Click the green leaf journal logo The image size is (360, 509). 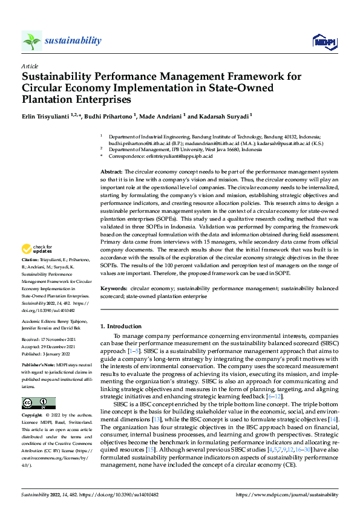pyautogui.click(x=32, y=41)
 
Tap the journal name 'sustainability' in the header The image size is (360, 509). pyautogui.click(x=73, y=41)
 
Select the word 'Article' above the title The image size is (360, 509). pyautogui.click(x=30, y=65)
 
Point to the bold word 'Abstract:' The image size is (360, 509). pyautogui.click(x=111, y=173)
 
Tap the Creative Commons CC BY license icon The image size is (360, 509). pyautogui.click(x=38, y=403)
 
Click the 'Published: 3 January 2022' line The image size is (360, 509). pyautogui.click(x=48, y=354)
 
